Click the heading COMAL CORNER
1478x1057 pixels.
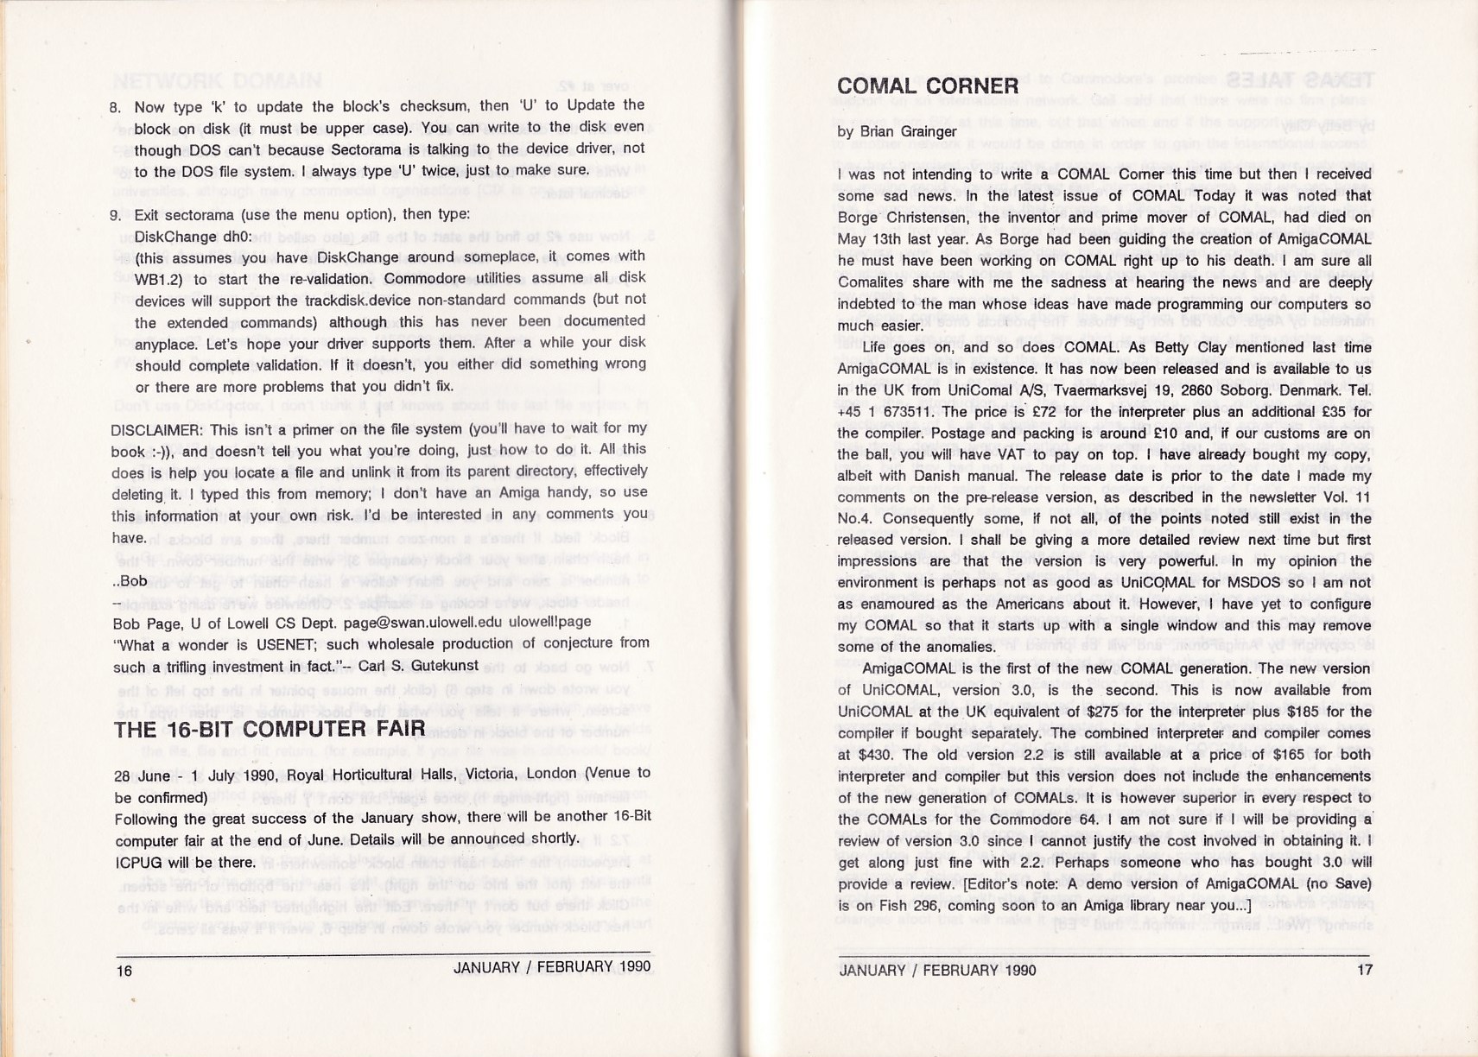coord(928,85)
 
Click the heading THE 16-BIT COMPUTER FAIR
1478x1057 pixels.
coord(270,729)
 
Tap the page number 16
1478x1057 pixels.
coord(124,971)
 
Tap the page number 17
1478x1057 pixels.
coord(1364,970)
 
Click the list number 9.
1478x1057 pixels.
coord(116,216)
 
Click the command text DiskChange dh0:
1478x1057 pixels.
coord(193,237)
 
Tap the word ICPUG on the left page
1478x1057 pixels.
coord(136,863)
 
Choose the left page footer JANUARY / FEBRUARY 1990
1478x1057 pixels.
coord(552,967)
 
